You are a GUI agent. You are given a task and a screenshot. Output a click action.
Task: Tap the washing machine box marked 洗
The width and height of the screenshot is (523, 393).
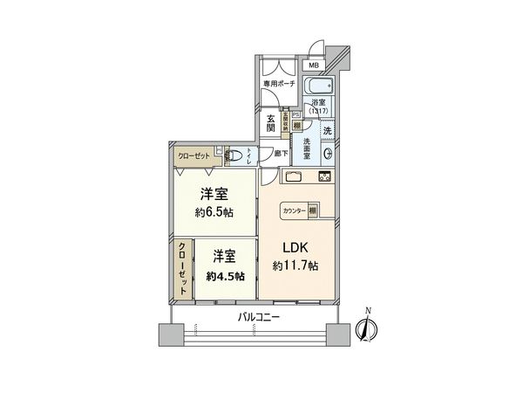(327, 130)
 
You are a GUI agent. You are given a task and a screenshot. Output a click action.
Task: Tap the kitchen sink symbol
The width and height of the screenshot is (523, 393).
(291, 177)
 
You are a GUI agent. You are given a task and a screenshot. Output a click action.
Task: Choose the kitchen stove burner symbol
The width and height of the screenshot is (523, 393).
(323, 178)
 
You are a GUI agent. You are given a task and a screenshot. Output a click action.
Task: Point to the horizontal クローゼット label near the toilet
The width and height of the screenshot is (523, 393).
(194, 154)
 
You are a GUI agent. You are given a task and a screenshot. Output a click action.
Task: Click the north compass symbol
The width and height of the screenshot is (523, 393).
(367, 329)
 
